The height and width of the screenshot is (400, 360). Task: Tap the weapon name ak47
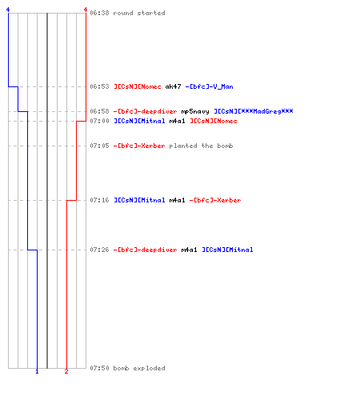pos(173,86)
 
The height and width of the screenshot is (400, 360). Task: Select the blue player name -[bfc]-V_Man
pos(209,86)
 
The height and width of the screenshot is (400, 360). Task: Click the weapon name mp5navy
pos(195,111)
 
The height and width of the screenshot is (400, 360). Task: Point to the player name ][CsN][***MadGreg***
pos(254,111)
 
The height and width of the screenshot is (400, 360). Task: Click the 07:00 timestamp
pos(99,121)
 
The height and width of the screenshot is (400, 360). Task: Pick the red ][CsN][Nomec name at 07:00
pos(214,121)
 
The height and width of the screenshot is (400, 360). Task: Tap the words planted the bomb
pos(201,146)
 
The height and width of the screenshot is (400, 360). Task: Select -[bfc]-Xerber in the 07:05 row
pos(139,146)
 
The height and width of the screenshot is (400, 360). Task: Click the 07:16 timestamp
pos(99,200)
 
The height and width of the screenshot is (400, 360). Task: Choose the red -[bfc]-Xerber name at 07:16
pos(215,200)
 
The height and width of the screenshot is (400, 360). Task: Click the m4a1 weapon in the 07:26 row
pos(189,250)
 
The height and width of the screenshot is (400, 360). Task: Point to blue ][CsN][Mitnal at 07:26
pos(227,250)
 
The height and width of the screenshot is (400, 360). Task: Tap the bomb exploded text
pos(139,368)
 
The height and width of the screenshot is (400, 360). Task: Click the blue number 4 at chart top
pos(8,10)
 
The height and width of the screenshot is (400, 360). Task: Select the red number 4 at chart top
pos(86,10)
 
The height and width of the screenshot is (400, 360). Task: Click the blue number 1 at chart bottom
pos(37,371)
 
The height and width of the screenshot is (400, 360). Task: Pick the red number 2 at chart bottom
pos(66,371)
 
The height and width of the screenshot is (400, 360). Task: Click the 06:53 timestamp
pos(99,86)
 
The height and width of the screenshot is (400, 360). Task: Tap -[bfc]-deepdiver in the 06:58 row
pos(145,111)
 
